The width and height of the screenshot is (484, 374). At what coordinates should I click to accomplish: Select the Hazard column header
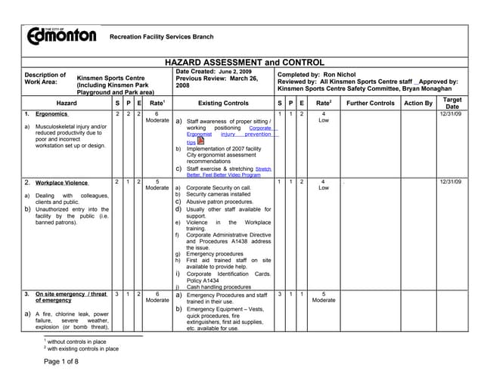pos(67,103)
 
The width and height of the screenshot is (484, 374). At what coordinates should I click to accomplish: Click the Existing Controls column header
pos(222,103)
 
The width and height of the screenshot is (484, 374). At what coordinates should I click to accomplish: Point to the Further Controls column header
pos(371,103)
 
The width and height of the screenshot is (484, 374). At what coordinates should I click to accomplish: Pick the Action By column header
pos(418,103)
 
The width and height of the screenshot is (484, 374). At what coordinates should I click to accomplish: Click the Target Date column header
pos(452,104)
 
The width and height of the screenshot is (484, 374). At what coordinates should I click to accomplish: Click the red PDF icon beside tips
pos(200,141)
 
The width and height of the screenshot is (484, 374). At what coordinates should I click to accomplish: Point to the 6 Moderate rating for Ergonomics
pos(157,116)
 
